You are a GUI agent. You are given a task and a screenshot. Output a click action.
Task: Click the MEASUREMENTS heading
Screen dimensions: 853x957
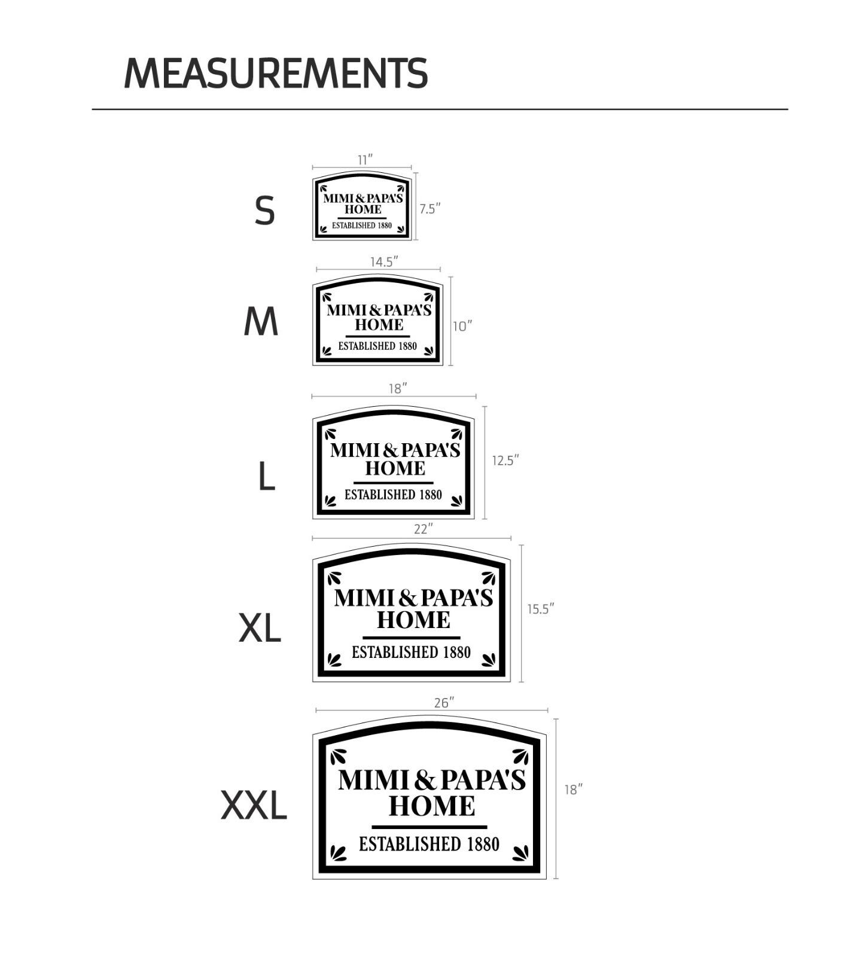click(276, 74)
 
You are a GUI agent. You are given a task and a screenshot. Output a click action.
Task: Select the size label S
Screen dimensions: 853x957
click(264, 211)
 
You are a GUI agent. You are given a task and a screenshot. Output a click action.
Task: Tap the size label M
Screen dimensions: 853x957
click(261, 322)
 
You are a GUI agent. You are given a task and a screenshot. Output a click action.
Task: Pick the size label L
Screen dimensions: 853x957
click(266, 477)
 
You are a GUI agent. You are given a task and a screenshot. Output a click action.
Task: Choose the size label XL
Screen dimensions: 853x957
click(260, 628)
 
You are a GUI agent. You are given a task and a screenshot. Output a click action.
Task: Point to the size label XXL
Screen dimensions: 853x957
click(254, 805)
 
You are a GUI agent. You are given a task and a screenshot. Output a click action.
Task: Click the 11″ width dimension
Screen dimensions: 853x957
click(365, 160)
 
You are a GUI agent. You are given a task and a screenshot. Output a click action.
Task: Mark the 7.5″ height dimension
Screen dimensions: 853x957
click(429, 209)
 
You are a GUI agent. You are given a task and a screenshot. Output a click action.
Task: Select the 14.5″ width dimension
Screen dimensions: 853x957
click(384, 262)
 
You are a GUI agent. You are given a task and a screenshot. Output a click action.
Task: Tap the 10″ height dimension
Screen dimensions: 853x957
click(462, 326)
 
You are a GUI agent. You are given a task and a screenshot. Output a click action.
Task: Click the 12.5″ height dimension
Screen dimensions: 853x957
click(505, 461)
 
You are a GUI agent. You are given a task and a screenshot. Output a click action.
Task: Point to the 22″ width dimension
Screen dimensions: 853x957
click(424, 529)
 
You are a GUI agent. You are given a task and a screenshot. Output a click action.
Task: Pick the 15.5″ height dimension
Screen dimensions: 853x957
click(541, 609)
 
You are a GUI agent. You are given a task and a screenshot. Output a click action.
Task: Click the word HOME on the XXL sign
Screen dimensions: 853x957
click(432, 806)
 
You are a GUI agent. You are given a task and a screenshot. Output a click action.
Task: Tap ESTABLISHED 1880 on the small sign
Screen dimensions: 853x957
click(362, 225)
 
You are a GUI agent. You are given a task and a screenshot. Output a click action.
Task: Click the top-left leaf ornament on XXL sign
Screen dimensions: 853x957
click(339, 757)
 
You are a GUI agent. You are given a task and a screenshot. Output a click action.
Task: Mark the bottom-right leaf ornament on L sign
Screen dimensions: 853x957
click(457, 500)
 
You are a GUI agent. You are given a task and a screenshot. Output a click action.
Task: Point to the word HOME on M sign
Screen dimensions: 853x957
click(379, 325)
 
